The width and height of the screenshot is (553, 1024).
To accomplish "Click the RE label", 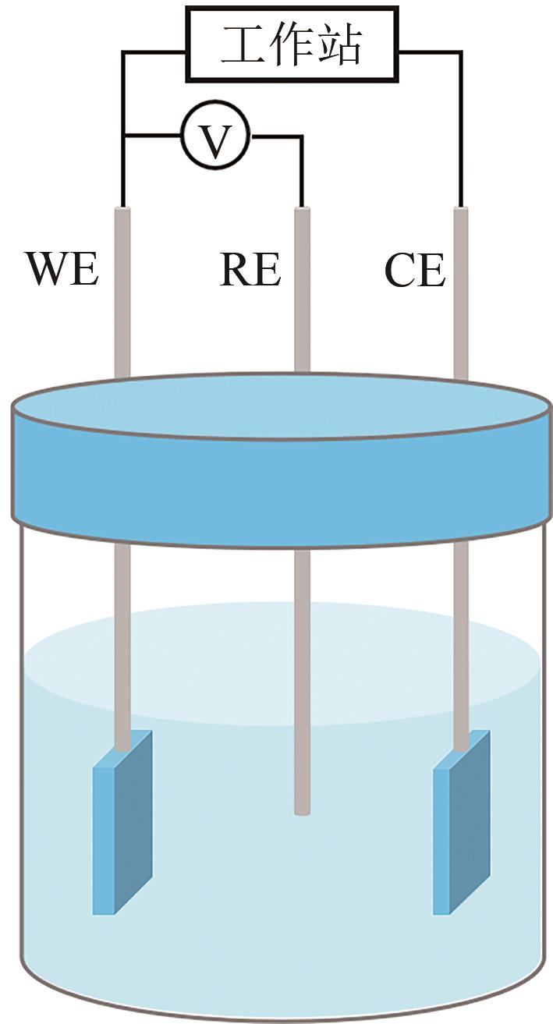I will pos(250,270).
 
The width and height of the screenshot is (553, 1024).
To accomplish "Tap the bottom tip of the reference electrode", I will pos(302,811).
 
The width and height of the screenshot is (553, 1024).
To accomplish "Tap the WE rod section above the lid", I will pos(122,296).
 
